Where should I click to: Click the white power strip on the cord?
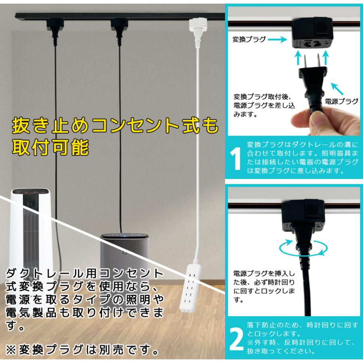[194, 287]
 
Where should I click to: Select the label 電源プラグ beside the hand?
[341, 101]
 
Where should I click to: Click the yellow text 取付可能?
[50, 148]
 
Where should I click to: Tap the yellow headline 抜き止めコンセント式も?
[115, 127]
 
